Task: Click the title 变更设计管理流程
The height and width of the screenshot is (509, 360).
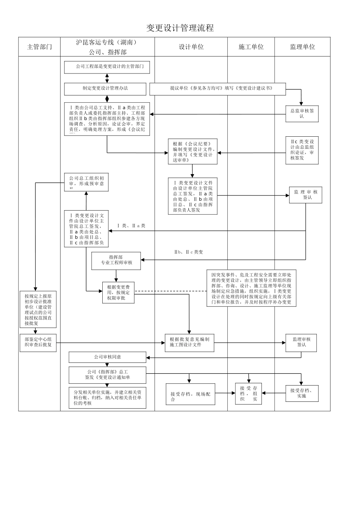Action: (180, 28)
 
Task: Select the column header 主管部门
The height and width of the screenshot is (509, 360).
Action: (39, 47)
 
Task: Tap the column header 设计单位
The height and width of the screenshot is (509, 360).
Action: (191, 47)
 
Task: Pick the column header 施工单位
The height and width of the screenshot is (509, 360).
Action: (251, 47)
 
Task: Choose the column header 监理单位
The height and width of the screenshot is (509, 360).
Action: (302, 47)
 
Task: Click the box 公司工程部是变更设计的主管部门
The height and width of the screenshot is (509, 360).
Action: (107, 67)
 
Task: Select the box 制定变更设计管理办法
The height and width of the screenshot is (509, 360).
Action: (105, 89)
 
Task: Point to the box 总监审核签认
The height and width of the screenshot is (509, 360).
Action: (302, 114)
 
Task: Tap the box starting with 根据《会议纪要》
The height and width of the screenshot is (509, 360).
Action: (193, 151)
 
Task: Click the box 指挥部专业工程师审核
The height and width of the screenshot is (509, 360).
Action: (116, 261)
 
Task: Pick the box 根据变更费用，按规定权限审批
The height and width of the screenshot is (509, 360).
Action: (118, 292)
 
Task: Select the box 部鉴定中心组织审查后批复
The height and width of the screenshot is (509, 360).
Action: (38, 342)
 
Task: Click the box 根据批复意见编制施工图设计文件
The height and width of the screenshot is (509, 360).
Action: (189, 342)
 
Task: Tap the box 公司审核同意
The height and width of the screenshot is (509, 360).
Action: (107, 357)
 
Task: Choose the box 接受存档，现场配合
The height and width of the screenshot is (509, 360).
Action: (190, 394)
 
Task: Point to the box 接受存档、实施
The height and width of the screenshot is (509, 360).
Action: (302, 393)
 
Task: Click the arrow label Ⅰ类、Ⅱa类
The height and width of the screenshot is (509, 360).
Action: (131, 226)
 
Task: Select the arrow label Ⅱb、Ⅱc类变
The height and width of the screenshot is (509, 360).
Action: (188, 252)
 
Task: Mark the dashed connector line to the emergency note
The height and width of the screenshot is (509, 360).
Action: (171, 291)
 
